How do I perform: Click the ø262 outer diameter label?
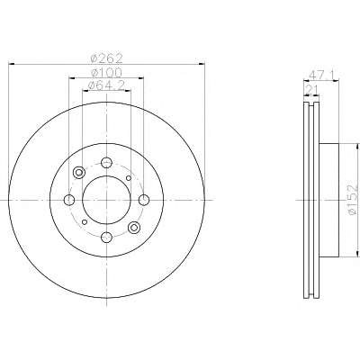[107, 58]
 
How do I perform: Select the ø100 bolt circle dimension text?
[107, 73]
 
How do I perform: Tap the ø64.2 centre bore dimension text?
[106, 85]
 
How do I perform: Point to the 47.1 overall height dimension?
[320, 75]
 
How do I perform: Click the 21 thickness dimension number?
[311, 89]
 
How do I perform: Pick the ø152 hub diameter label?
[353, 199]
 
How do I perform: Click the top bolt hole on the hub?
[106, 163]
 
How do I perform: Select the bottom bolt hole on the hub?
[106, 238]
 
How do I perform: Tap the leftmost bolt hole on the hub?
[69, 200]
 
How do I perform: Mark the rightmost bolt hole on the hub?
[144, 200]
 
